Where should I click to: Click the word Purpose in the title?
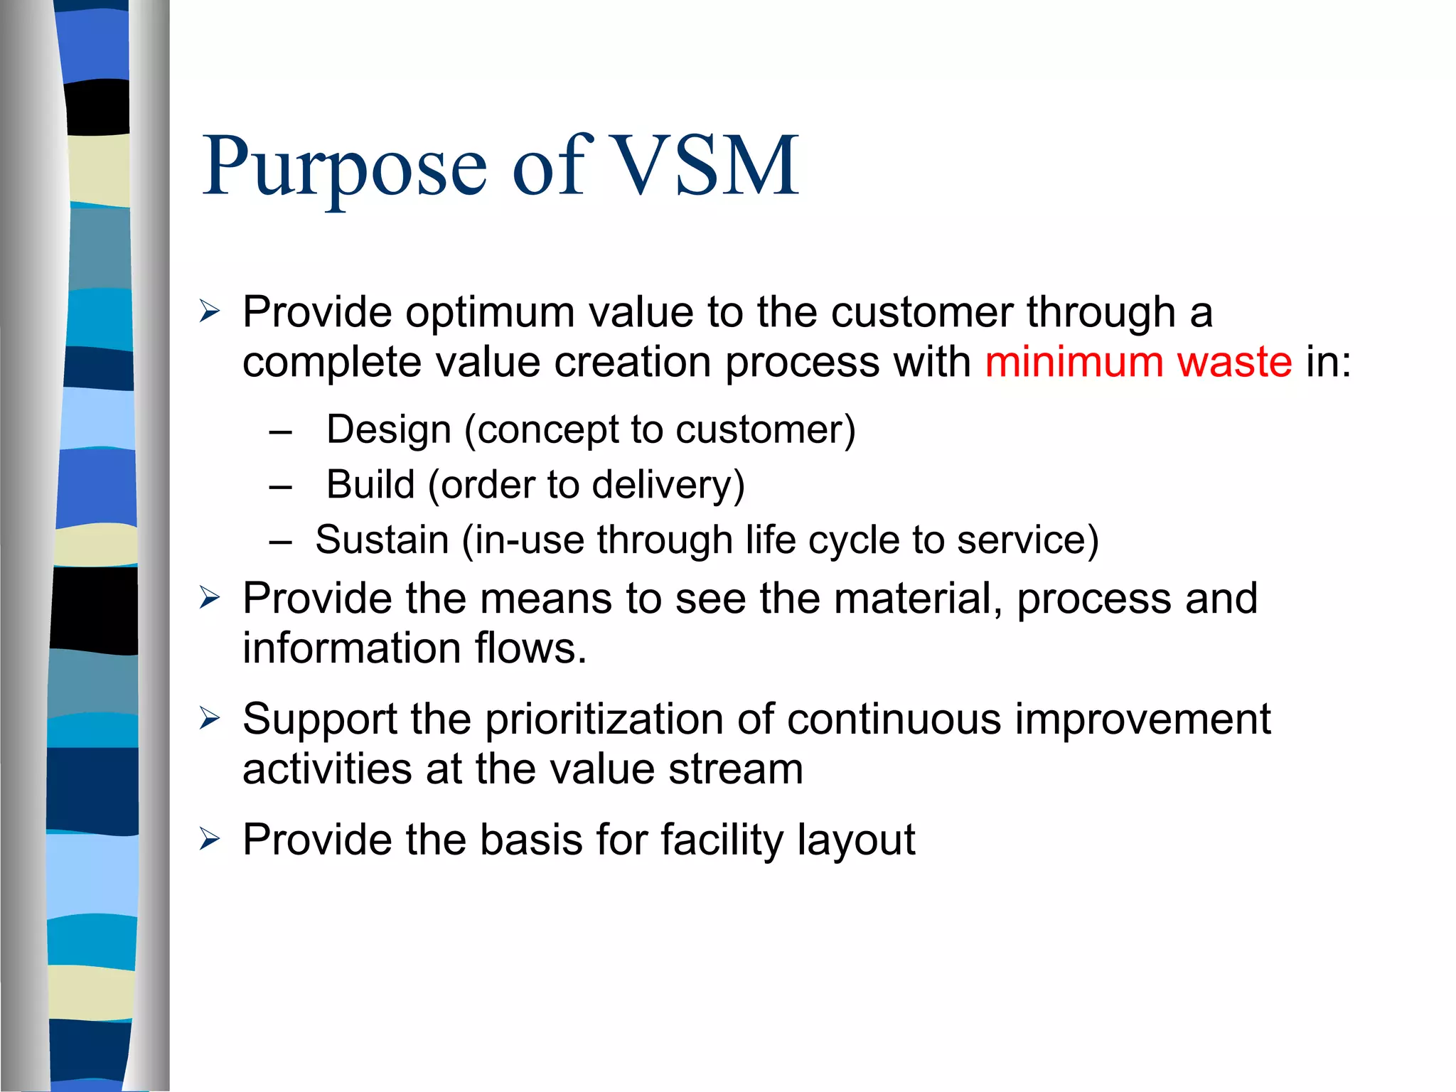(x=345, y=167)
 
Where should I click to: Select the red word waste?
(x=1234, y=362)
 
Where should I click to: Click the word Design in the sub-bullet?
(x=389, y=429)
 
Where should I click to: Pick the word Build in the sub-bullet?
(x=370, y=485)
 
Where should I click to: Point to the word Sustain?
(x=382, y=540)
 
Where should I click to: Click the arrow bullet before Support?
(x=210, y=718)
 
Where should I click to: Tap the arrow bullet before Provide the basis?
(x=210, y=839)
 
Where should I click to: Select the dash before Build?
(x=281, y=487)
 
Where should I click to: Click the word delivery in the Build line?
(x=668, y=485)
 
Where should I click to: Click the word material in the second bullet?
(x=918, y=599)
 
